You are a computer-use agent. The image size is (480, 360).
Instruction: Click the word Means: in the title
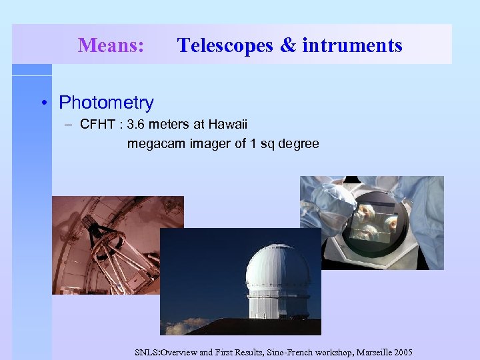(111, 45)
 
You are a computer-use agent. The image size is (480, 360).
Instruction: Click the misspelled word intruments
(352, 45)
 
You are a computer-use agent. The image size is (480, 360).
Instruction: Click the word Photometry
(106, 103)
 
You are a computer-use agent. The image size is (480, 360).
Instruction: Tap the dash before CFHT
(69, 125)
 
